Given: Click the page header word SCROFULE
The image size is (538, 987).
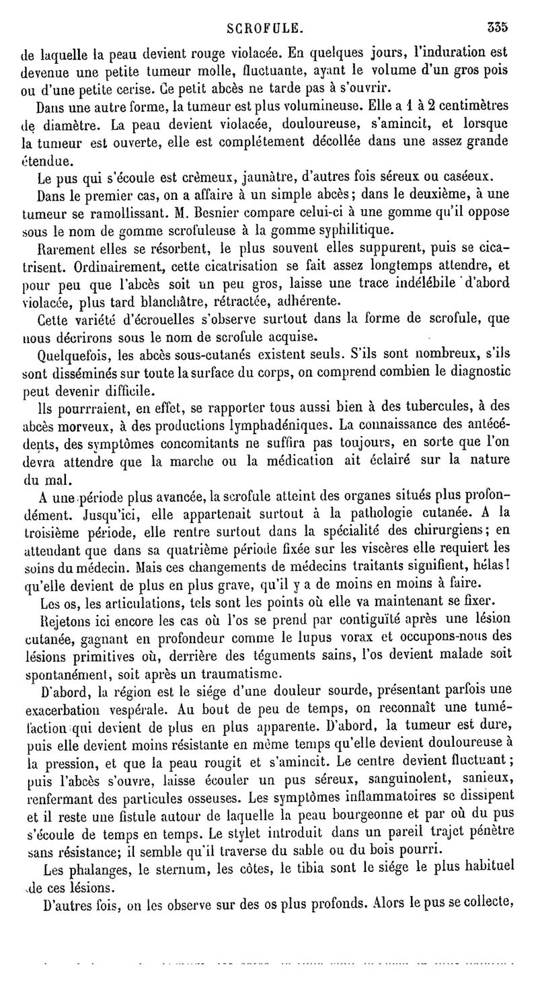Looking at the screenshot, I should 265,29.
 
